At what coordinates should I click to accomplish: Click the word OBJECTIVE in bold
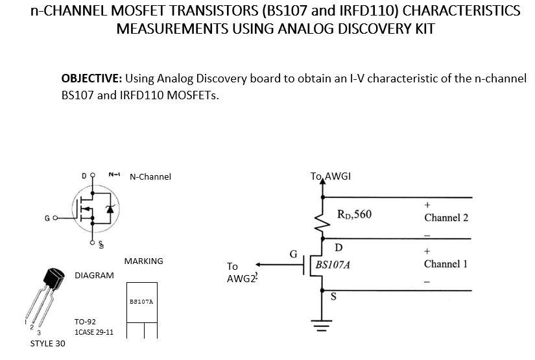(91, 78)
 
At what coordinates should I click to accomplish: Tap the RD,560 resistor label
(355, 214)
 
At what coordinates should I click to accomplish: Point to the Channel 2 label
(446, 217)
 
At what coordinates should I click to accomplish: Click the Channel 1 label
(446, 264)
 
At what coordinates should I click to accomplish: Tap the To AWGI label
(331, 176)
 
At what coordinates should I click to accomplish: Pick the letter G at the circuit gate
(293, 254)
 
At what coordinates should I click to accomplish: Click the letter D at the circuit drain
(339, 247)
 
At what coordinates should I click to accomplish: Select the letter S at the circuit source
(334, 297)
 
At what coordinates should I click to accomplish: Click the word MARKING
(143, 261)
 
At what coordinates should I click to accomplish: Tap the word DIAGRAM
(94, 275)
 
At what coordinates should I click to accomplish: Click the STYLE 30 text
(47, 343)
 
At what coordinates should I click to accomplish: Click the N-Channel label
(150, 176)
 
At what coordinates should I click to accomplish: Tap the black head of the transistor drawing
(54, 281)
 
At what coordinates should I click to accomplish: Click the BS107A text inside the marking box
(141, 302)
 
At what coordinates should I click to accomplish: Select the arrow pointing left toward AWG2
(259, 264)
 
